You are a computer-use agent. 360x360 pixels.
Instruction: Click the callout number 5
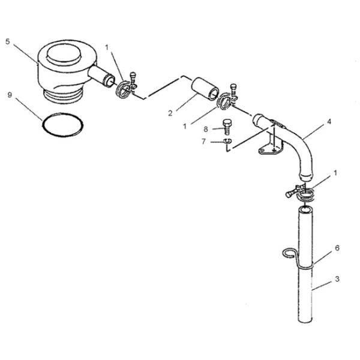8,42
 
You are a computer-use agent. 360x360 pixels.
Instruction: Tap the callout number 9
10,95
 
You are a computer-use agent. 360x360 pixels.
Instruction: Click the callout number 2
170,113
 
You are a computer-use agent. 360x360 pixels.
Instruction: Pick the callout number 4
329,122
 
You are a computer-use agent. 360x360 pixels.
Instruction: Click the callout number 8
206,129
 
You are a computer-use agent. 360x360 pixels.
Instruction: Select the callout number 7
203,142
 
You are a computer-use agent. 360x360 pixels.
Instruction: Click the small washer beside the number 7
227,141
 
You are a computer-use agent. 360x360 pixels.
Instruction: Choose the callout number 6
337,248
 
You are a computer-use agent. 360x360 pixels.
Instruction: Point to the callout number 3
337,279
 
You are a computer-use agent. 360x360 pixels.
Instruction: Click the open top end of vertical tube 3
305,209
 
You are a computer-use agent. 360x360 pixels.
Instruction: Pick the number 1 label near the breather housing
107,47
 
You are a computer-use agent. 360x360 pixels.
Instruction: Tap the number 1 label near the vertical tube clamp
335,173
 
